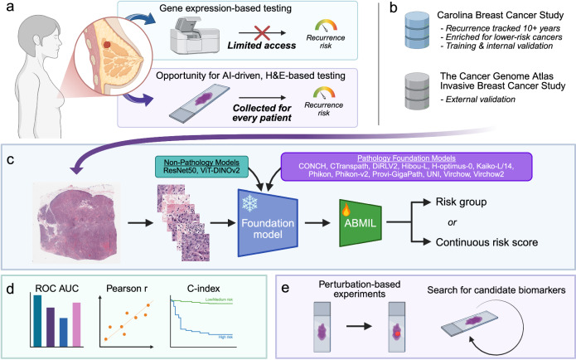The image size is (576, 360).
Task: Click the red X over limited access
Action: [262, 32]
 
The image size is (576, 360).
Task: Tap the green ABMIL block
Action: [361, 223]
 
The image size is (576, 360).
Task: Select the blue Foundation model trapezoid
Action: [268, 223]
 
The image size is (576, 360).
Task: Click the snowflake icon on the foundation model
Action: [249, 203]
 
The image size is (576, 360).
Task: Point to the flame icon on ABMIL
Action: [346, 210]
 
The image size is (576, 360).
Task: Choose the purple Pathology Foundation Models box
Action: [406, 166]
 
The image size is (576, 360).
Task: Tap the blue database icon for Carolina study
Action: [417, 30]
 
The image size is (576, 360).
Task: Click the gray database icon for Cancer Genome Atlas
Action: [417, 90]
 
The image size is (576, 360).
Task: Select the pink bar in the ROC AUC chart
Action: [76, 324]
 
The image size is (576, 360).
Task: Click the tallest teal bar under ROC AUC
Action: [37, 321]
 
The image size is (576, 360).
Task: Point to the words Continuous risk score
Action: [486, 242]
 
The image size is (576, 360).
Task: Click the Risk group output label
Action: [461, 202]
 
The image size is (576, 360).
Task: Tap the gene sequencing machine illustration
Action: [195, 35]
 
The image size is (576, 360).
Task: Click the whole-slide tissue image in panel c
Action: [78, 222]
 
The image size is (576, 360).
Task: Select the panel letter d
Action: [10, 289]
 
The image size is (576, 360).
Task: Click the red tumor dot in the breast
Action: [107, 45]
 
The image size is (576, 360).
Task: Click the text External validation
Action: [481, 100]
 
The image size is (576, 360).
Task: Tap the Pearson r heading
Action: [127, 289]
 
